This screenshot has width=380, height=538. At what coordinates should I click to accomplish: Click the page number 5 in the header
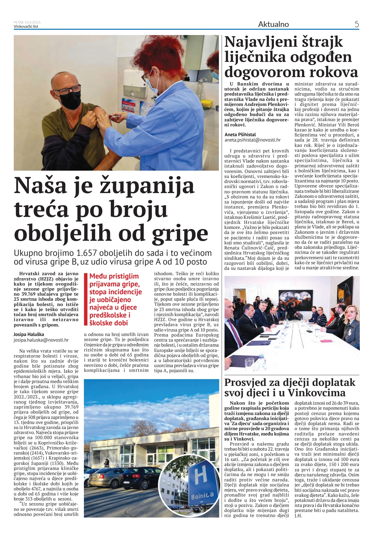click(357, 24)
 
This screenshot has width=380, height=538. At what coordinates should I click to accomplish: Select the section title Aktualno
click(273, 24)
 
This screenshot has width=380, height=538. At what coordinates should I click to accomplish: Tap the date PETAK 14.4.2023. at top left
click(27, 22)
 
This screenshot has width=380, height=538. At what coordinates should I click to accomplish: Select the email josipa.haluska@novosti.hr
click(41, 340)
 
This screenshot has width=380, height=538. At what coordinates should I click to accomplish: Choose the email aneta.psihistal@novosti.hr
click(252, 140)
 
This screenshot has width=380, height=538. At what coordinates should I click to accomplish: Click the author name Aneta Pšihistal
click(240, 134)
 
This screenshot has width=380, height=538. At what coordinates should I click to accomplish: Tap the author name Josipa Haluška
click(29, 334)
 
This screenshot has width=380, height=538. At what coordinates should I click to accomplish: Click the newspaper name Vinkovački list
click(26, 26)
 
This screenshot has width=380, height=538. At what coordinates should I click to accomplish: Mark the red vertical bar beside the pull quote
click(86, 299)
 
